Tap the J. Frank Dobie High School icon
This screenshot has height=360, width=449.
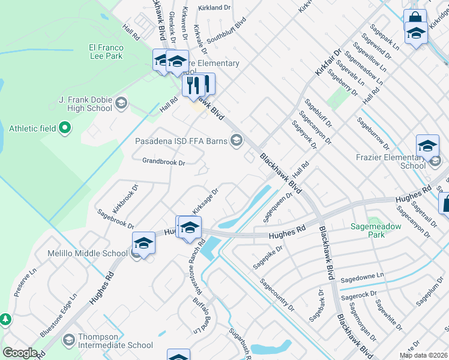121,103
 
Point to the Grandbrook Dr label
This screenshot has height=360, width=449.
164,161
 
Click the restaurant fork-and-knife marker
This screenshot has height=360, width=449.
198,85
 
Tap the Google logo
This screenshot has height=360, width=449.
20,352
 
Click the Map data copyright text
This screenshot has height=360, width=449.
423,355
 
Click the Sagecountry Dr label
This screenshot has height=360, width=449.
277,295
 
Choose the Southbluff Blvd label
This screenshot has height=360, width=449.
226,31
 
